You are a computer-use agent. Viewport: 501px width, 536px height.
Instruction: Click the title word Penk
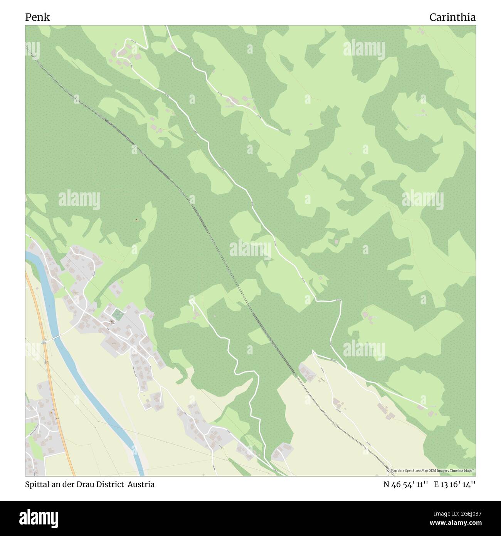(x=37, y=17)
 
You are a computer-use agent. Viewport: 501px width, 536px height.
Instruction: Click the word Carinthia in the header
(x=452, y=17)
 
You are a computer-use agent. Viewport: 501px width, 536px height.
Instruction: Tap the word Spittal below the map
(x=36, y=484)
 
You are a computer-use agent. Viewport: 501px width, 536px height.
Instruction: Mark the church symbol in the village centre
(x=112, y=321)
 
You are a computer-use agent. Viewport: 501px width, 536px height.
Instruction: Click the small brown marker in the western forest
(x=136, y=220)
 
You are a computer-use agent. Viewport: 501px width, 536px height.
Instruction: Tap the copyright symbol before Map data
(x=388, y=470)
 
